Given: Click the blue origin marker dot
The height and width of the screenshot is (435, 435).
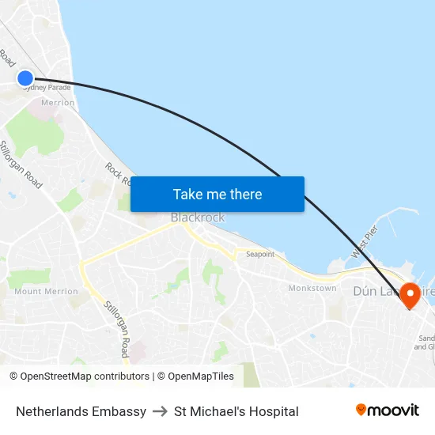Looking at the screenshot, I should (x=25, y=78).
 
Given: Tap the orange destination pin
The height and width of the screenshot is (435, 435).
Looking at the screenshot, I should (x=410, y=294).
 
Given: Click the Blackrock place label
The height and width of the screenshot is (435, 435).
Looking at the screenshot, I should (x=198, y=217).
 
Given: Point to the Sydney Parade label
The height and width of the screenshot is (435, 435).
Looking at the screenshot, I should (x=47, y=88).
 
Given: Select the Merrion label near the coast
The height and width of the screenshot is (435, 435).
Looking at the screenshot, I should (x=58, y=103).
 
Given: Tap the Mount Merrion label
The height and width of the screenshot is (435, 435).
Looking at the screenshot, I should (x=46, y=291).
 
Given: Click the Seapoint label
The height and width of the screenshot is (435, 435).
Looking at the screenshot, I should (x=260, y=255).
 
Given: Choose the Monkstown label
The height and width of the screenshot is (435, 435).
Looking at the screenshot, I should (x=312, y=289).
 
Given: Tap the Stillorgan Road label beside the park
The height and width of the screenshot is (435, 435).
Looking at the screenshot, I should (x=21, y=165).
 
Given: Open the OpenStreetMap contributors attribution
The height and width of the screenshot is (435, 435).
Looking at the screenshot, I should (x=79, y=376).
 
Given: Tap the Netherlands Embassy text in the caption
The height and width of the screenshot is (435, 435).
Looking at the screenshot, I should (x=81, y=411).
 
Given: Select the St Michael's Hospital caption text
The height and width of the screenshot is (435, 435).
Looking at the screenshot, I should (x=236, y=411).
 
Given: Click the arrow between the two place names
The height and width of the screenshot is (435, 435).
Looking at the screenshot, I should (x=160, y=411).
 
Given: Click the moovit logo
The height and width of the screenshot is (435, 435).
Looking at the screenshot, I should (x=388, y=410).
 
